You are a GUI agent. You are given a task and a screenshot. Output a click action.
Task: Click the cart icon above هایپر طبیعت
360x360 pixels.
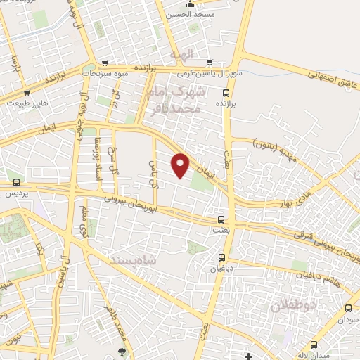pos(26,92)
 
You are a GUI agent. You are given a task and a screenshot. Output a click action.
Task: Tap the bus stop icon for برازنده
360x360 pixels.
pos(225,92)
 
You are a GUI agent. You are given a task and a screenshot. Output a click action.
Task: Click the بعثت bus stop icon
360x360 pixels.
pos(221,219)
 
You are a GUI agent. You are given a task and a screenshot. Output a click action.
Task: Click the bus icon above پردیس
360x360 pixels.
pos(13,182)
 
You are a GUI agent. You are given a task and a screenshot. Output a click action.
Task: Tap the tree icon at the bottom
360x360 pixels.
pos(122,351)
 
